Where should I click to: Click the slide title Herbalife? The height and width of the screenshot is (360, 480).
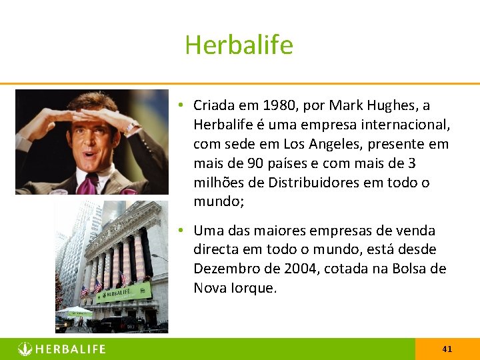[239, 45]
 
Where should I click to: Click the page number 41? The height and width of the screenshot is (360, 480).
[447, 349]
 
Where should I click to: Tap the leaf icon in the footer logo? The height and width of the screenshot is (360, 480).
[25, 349]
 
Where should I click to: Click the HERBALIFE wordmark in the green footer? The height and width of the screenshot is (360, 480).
[70, 349]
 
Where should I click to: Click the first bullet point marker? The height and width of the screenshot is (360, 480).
[181, 105]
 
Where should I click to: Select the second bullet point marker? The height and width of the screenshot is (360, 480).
[181, 231]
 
